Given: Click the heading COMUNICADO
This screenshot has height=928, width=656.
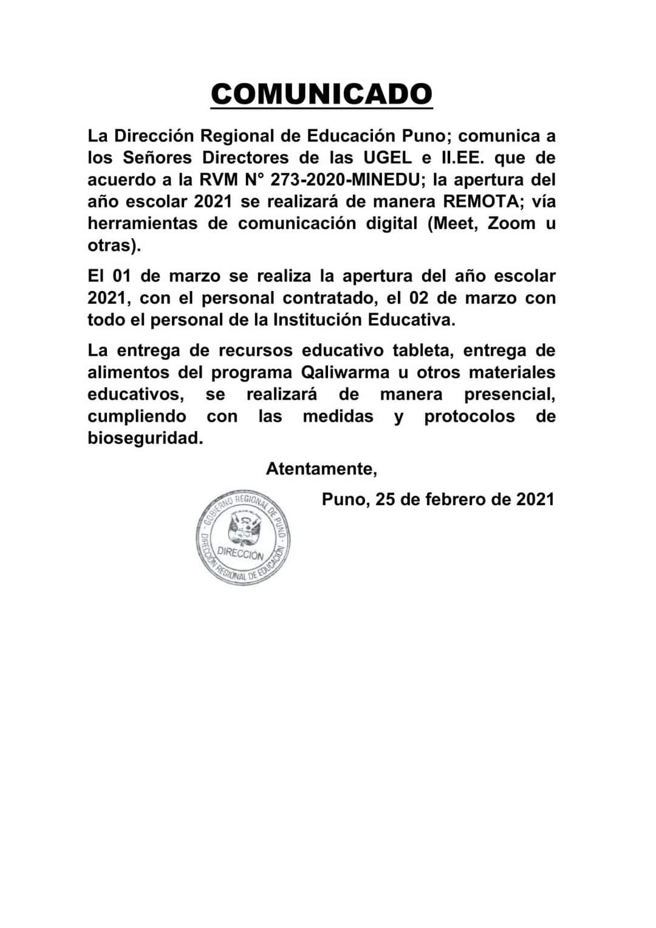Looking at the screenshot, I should pos(321,94).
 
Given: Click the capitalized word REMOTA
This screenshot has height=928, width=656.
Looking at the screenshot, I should pos(482,202).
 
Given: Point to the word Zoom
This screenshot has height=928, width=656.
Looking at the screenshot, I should pos(511,223).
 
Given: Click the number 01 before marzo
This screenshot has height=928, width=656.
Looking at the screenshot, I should pos(121,276).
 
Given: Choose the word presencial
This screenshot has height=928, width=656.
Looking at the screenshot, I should pos(509,395).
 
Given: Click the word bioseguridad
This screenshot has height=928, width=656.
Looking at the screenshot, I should pos(145,438).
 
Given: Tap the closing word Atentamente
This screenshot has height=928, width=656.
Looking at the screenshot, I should pos(321,469).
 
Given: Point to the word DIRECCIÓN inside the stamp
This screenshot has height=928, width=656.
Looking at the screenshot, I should pos(241,554).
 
